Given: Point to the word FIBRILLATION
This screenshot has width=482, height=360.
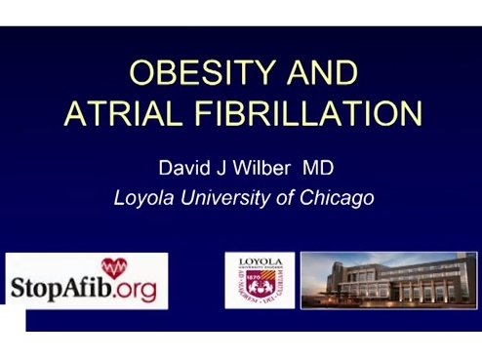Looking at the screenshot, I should click(306, 113).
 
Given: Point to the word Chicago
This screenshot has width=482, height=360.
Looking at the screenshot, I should click(336, 197).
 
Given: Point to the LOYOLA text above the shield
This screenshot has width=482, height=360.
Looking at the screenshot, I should click(260, 261).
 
